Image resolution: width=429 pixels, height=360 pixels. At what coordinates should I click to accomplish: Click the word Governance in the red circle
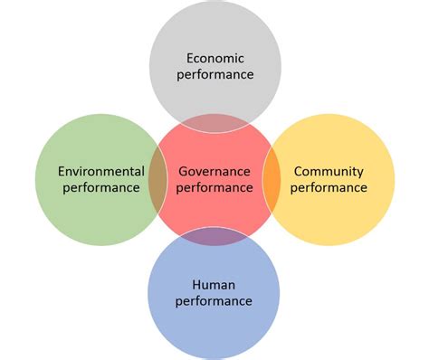point(214,170)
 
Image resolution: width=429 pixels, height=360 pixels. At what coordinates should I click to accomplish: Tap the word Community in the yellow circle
point(329,170)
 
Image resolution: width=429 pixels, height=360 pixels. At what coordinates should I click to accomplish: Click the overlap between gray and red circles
point(214,122)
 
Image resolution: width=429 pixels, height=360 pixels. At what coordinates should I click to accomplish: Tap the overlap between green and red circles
point(157,179)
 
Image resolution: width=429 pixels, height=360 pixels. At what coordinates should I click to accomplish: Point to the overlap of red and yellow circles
point(272,179)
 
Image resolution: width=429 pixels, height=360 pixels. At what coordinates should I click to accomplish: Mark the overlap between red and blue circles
point(214,236)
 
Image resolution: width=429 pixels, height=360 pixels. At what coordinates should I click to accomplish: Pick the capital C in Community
point(300,170)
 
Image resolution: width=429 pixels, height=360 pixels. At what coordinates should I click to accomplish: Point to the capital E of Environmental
point(61,170)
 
